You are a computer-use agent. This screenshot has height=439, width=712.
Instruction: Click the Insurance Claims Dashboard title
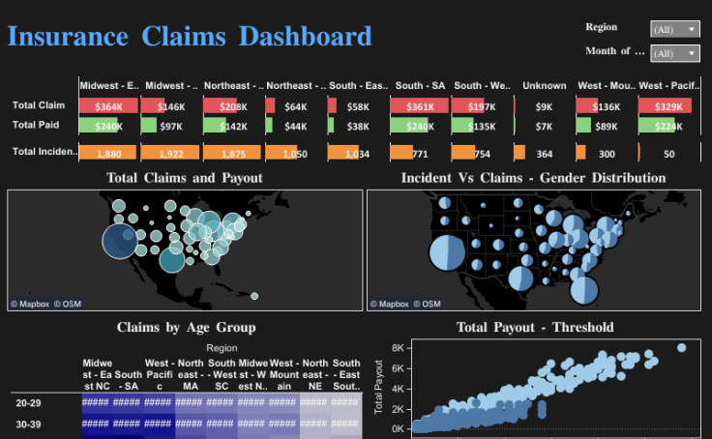190,38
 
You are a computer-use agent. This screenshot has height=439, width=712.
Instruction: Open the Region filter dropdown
674,29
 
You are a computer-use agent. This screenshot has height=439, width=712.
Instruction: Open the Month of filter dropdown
674,53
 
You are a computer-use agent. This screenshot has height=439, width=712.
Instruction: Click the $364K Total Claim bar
108,105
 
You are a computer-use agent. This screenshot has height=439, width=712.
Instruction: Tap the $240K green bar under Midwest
108,126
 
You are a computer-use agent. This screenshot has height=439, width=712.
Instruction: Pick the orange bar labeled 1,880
108,153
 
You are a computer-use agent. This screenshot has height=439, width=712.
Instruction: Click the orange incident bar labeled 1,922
170,153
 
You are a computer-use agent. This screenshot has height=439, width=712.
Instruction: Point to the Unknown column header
545,86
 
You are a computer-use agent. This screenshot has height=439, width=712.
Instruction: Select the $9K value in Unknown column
544,105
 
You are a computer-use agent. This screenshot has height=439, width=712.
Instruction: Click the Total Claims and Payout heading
185,178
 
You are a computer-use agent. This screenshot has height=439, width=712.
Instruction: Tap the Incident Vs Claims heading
533,178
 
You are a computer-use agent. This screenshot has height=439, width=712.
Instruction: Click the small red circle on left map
253,296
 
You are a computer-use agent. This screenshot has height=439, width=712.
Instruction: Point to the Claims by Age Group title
186,328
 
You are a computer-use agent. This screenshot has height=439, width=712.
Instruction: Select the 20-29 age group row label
30,404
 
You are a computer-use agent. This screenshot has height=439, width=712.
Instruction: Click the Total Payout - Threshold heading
535,328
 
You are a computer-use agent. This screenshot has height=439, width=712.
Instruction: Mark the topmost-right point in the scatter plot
682,348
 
